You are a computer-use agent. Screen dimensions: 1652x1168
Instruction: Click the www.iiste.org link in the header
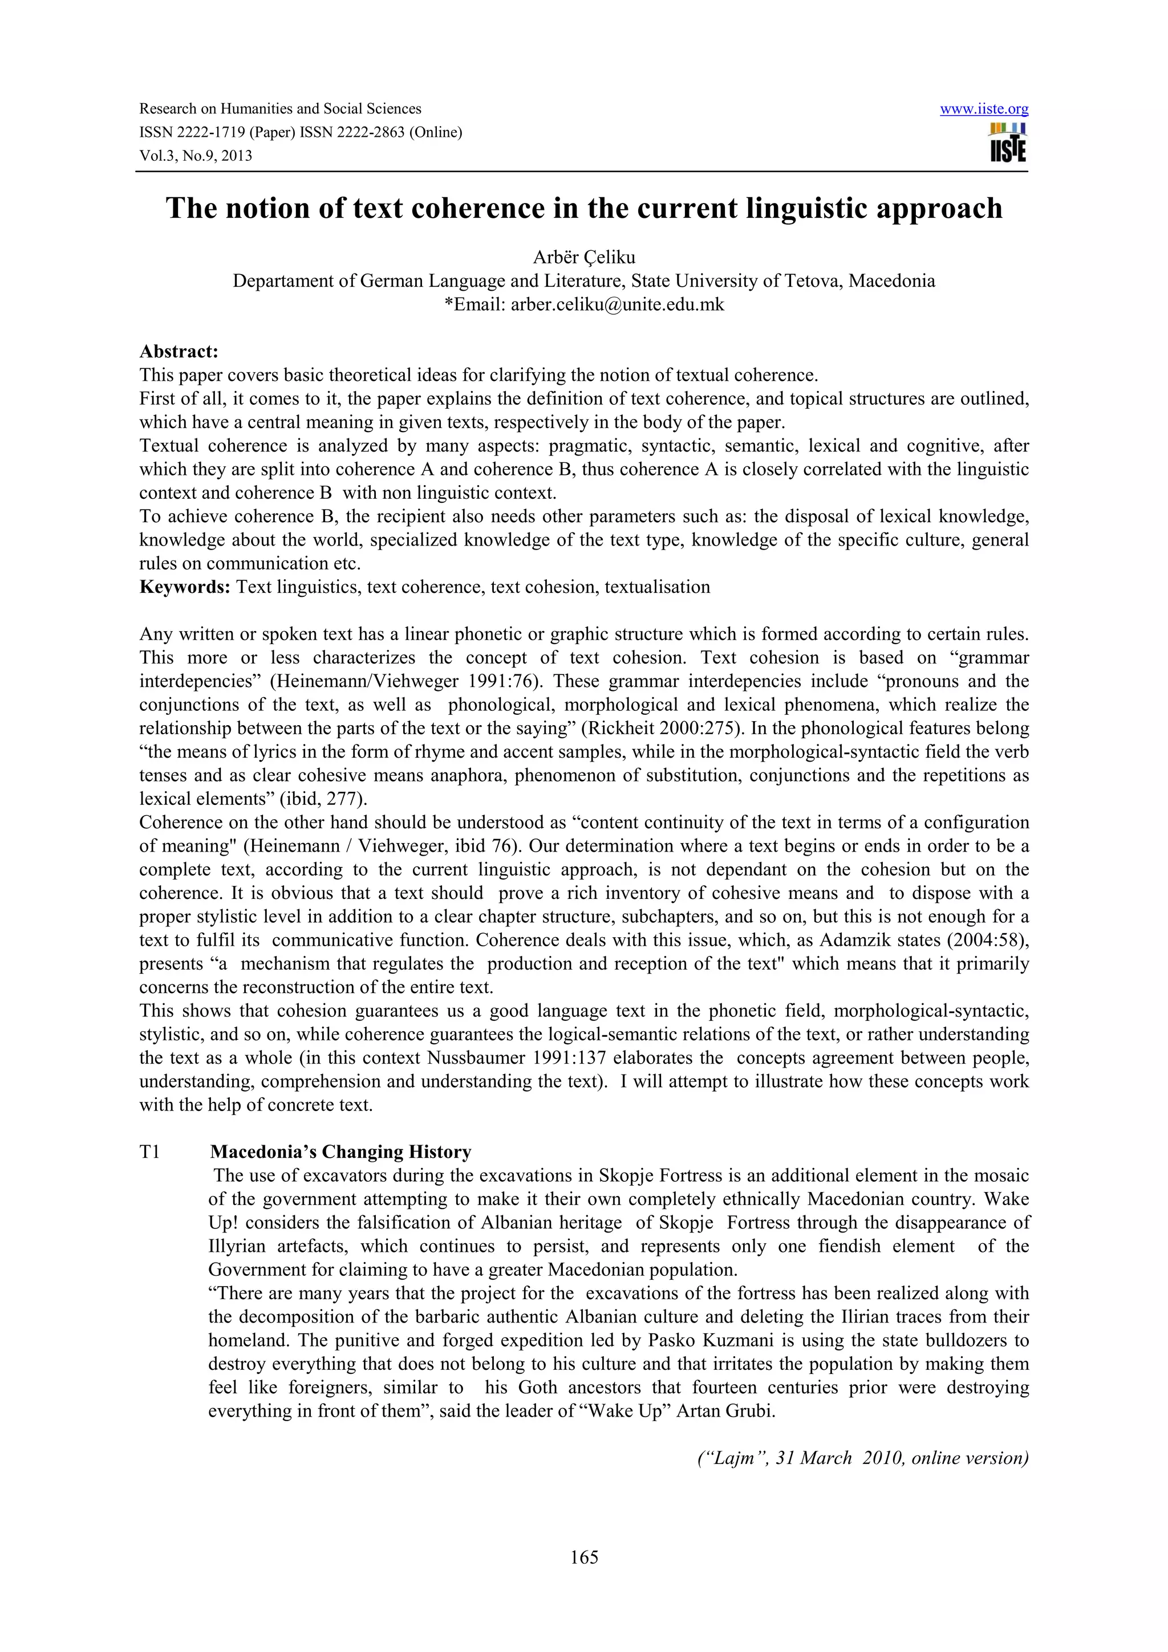point(983,109)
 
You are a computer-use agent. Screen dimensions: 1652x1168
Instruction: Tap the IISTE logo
point(1008,143)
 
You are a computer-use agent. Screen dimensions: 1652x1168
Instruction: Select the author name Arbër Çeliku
point(583,257)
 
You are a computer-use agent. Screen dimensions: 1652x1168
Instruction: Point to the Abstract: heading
point(179,352)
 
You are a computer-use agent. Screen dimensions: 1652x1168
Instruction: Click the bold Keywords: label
point(184,587)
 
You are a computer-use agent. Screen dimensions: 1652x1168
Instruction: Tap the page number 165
point(583,1557)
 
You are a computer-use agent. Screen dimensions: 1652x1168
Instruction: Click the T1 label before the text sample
point(149,1152)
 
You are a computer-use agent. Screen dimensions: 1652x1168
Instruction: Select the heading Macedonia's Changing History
point(340,1152)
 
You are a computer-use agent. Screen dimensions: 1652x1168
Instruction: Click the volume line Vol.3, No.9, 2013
point(196,156)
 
